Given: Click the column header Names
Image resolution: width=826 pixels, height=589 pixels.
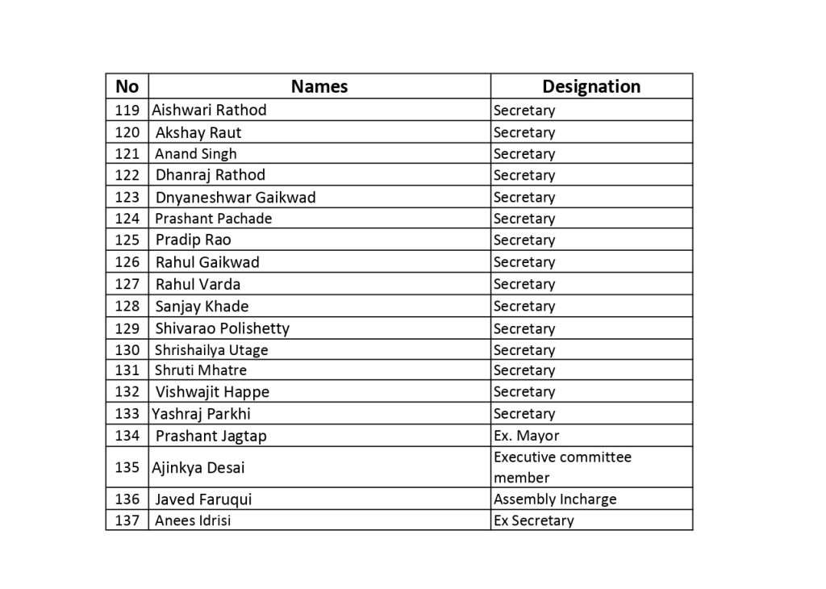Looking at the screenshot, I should pos(319,86).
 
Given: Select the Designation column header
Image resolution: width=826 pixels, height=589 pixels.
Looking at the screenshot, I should pos(591,86).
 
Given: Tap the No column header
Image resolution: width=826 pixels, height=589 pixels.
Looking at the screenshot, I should pos(127,86).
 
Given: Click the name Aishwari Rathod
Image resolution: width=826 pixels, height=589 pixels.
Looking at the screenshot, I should pos(209,110).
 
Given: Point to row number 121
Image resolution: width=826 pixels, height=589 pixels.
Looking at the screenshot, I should pos(127,153).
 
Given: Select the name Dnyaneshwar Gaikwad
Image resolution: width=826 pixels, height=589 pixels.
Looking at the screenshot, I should pos(236,197).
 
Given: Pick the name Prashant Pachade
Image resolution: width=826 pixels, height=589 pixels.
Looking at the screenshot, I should pos(214,219).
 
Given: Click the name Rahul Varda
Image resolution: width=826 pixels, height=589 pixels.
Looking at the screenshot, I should pos(198,284).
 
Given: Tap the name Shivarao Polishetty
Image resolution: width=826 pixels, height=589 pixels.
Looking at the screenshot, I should pos(222,328).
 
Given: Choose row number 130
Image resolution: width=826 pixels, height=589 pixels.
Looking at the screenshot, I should pos(127,350).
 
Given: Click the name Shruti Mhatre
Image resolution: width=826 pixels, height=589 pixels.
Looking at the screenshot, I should pos(201,370).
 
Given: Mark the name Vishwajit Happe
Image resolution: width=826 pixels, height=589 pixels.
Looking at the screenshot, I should pos(212,392).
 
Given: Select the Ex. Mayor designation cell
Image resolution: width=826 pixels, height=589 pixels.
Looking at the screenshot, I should pos(526,436).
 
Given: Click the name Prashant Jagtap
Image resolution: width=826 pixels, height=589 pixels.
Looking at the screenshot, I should pos(211,436).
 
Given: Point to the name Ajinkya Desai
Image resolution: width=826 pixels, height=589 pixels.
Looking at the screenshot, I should pos(198,467).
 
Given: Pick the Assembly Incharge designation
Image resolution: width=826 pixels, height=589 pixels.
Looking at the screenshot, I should pos(555,499).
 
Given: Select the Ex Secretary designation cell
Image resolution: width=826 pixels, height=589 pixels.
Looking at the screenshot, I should pos(533,520).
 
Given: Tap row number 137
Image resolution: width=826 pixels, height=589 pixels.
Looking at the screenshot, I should pos(127,520).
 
